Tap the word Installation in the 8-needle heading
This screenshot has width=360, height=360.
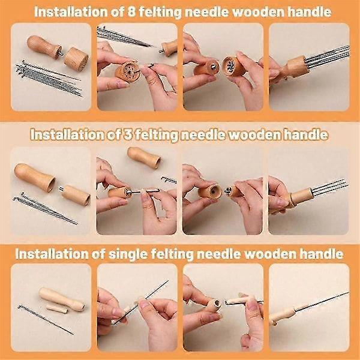tap(83, 10)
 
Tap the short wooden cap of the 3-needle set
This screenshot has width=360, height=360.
tap(76, 196)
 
